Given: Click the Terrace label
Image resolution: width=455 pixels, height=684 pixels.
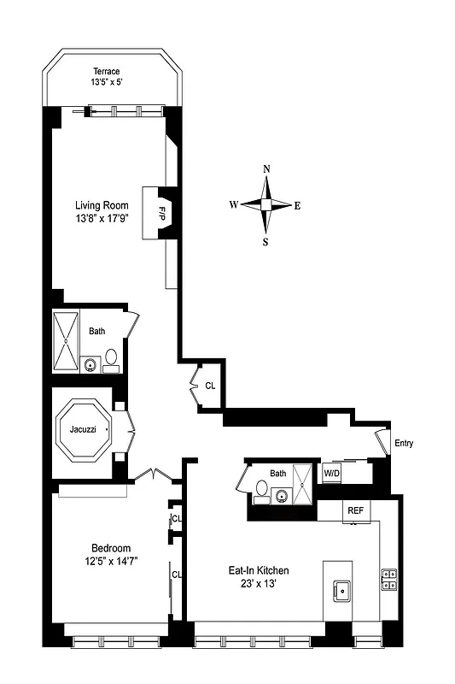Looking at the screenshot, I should (x=108, y=72).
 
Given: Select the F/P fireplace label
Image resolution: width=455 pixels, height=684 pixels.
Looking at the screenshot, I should (x=160, y=213).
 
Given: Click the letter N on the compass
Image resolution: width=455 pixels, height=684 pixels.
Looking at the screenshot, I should (x=266, y=169).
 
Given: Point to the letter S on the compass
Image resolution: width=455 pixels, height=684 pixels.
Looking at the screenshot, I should (x=265, y=241).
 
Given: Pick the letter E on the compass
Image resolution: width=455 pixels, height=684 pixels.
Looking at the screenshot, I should (x=297, y=205).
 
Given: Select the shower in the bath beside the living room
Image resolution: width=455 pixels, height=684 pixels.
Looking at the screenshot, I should (x=66, y=341).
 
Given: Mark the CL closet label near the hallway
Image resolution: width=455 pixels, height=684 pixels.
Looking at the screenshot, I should (x=210, y=386).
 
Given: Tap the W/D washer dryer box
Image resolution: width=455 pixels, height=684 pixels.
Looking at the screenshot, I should (x=331, y=473).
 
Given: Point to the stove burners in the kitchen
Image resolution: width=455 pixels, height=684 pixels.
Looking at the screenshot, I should (x=389, y=580).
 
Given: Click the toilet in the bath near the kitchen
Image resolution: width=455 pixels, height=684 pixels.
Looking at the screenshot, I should (x=262, y=488).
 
